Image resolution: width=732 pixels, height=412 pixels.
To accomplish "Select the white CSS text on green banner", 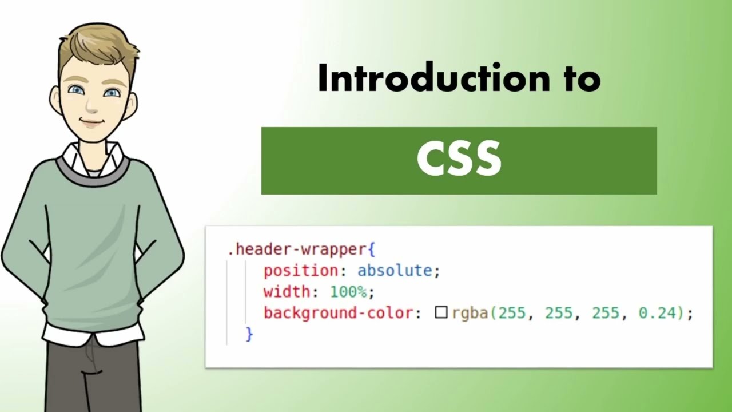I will (x=459, y=160).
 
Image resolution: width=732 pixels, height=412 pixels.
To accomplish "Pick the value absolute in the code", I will (x=395, y=271).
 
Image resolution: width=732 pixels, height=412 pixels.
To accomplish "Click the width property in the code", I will (x=286, y=292).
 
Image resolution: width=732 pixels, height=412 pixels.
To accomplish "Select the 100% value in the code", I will (x=348, y=292).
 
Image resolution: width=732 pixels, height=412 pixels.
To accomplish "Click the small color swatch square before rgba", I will (x=441, y=312).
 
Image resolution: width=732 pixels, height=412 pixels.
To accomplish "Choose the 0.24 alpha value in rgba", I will (x=657, y=313).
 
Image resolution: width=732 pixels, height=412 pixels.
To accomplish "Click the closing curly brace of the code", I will (x=249, y=334).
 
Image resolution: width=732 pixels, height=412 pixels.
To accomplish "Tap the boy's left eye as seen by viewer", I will (x=75, y=90).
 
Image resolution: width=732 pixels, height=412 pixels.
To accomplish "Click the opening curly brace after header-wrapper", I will (x=371, y=250).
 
